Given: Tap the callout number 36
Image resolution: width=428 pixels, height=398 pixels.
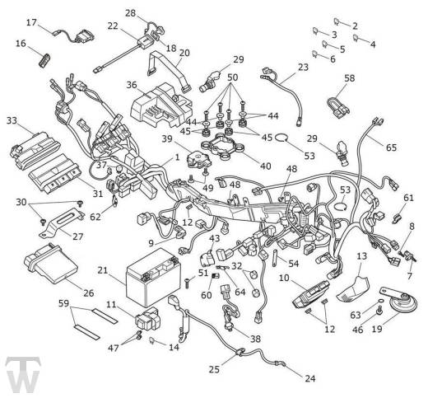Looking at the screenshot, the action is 132,85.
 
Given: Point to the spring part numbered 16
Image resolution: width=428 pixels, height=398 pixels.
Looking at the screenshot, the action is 44,59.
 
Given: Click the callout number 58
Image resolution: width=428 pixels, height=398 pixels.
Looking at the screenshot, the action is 350,78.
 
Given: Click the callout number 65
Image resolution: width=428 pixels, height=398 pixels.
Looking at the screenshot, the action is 391,147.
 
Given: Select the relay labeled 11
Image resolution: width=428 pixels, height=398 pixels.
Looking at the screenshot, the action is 147,319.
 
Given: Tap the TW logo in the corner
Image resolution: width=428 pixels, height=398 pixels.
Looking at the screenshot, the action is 23,377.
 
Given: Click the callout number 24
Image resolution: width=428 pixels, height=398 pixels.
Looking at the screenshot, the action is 310,379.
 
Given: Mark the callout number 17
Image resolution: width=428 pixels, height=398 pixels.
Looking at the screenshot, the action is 31,22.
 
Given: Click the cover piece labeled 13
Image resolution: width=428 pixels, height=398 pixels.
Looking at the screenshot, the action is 353,289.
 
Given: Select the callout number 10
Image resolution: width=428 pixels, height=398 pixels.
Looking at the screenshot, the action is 284,278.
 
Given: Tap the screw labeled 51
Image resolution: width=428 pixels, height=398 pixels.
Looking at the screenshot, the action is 188,283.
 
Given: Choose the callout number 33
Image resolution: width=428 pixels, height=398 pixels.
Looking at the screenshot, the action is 12,120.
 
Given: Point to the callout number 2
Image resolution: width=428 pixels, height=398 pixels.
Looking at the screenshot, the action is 355,26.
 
